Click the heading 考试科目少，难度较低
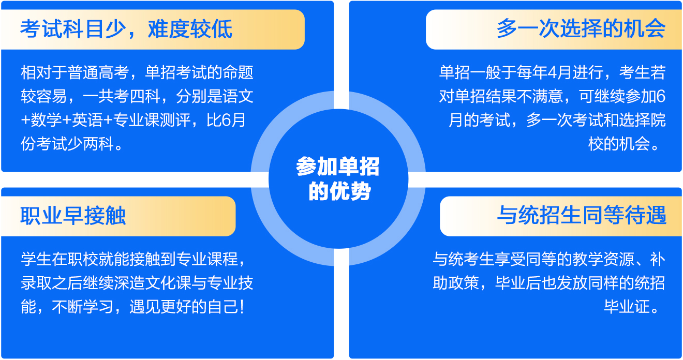point(126,29)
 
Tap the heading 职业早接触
point(73,216)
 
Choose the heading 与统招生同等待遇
point(582,215)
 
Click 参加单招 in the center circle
point(338,167)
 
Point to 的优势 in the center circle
point(339,191)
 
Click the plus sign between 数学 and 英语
point(67,120)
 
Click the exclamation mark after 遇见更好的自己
point(242,307)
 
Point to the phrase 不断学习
point(83,307)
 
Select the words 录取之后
point(52,283)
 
